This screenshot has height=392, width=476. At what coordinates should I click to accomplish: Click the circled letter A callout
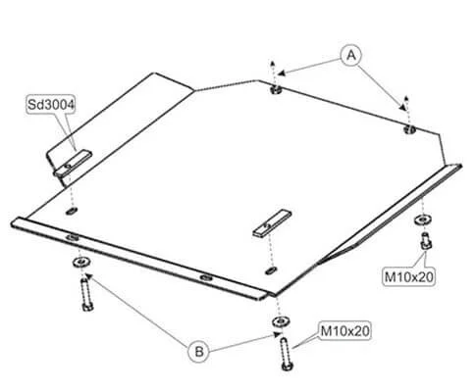pos(351,55)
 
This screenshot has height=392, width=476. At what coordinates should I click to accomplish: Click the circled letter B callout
pos(198,352)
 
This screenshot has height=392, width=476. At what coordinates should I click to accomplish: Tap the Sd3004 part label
pos(51,105)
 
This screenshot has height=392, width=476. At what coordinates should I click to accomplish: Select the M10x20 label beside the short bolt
pos(409,277)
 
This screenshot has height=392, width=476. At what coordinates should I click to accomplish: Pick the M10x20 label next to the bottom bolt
pos(345,331)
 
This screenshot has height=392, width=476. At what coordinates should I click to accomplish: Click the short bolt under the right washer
pos(425,241)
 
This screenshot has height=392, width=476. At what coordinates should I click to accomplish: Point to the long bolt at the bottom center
pos(286,354)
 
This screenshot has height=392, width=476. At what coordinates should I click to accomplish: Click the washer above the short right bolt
pos(422,220)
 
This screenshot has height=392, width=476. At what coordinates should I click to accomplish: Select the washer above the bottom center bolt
pos(281,321)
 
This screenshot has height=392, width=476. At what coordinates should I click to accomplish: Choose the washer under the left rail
pos(80,262)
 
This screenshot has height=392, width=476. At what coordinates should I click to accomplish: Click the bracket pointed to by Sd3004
pos(73,164)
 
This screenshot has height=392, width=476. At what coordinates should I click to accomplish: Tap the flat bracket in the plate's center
pos(272,222)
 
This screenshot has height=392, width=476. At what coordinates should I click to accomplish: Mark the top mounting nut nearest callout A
pos(276,89)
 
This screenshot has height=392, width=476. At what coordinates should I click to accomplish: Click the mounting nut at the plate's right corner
pos(409,129)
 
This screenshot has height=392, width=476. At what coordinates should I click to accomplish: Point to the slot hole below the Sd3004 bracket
pos(72,211)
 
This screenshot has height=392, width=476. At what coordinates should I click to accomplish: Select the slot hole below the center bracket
pos(271,270)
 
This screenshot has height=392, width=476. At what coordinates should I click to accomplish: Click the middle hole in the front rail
pos(206,278)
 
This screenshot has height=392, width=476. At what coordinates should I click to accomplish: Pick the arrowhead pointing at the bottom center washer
pos(277,334)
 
